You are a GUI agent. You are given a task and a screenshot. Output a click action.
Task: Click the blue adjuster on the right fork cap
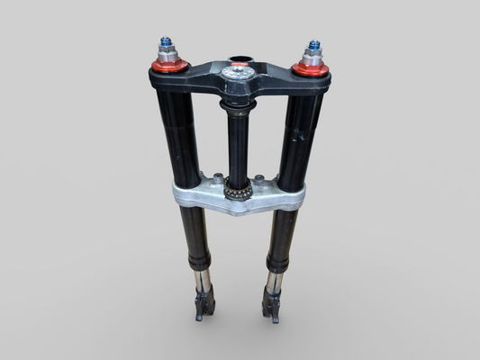314,44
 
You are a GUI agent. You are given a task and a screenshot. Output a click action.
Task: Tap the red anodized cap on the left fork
168,66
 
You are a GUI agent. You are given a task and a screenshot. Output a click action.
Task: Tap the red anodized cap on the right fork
311,68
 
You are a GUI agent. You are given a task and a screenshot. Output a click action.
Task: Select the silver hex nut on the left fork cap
168,54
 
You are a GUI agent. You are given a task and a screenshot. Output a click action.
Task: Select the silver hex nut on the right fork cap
312,57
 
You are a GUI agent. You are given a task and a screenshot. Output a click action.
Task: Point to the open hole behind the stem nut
239,62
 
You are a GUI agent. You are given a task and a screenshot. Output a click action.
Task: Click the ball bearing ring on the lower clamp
238,191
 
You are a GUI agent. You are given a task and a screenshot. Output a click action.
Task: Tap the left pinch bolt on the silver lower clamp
216,176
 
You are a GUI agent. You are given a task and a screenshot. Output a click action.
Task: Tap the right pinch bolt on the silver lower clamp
259,178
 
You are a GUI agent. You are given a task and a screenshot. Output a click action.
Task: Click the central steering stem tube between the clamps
238,144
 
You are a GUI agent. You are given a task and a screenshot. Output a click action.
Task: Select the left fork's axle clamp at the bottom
204,306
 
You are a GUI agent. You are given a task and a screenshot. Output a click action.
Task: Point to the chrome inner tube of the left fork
203,281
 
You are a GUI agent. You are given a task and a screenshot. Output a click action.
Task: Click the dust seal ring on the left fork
199,265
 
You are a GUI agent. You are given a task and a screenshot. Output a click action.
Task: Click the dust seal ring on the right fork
276,266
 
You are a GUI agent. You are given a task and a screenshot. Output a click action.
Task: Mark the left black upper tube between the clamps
182,135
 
